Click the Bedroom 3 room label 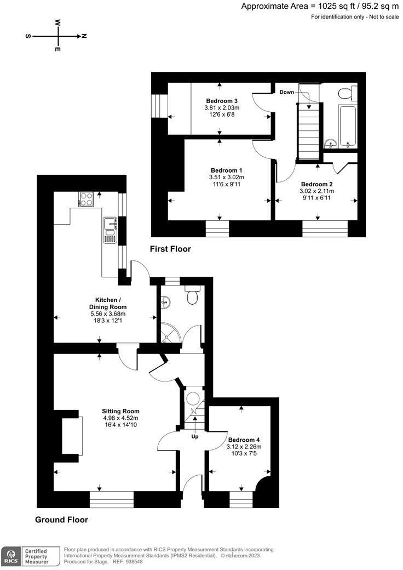[222, 101]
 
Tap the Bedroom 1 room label [226, 170]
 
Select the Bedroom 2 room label [316, 184]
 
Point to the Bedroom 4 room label [244, 440]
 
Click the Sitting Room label [120, 411]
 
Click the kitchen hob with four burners [86, 198]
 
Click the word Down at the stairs [287, 92]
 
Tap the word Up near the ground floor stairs [194, 437]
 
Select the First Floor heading [170, 249]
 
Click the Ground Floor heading [61, 520]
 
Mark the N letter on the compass [84, 36]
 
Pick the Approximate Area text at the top [320, 7]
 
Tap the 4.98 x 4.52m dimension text [120, 418]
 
